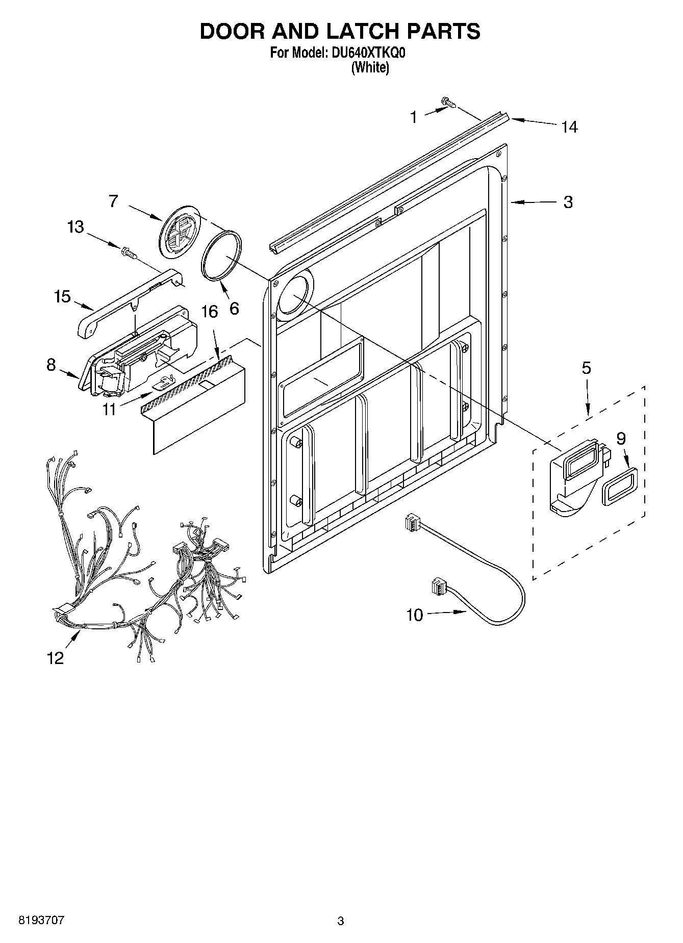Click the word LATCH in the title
[x=352, y=32]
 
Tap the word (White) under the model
[x=370, y=67]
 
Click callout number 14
[x=569, y=127]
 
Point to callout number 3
[x=568, y=202]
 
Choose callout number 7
[x=113, y=201]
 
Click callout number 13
[x=75, y=226]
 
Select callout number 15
[x=63, y=296]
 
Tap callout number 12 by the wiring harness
[x=56, y=658]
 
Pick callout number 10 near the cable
[x=415, y=615]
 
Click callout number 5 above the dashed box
[x=587, y=368]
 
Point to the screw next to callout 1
[x=448, y=104]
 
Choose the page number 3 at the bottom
[x=341, y=921]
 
